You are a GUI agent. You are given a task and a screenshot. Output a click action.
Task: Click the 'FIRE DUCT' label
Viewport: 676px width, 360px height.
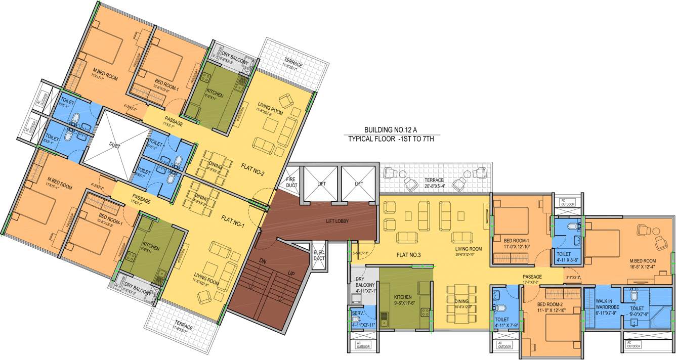pos(290,182)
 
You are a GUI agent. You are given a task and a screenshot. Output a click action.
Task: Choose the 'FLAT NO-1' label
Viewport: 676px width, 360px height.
pos(232,222)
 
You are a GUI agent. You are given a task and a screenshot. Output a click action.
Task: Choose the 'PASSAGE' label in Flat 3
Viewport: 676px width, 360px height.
pos(532,277)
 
